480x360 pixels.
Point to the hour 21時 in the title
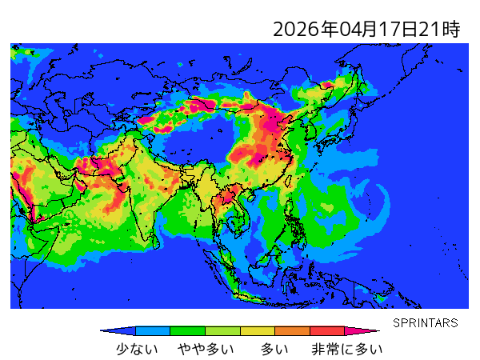click(439, 30)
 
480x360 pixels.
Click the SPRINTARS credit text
click(425, 322)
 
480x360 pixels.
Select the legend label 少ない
click(137, 349)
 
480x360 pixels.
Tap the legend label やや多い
click(206, 349)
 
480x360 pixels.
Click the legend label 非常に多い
click(346, 349)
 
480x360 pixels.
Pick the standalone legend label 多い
click(274, 349)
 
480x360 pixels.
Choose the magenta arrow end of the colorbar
click(367, 330)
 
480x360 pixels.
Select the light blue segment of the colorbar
click(153, 330)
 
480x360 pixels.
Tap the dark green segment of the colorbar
click(187, 330)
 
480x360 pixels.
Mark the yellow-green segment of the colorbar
click(222, 330)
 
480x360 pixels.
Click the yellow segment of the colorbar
click(257, 330)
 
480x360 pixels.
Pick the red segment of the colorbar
click(326, 330)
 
